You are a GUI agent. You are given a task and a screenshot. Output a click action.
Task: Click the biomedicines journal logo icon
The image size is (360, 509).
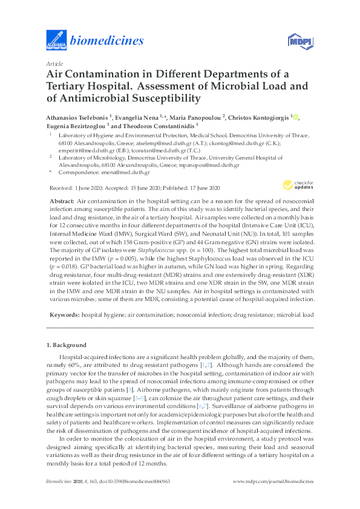56,41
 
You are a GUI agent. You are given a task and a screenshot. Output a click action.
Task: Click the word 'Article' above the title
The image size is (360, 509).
54,63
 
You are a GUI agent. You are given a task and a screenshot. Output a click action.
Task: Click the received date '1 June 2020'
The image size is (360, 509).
89,188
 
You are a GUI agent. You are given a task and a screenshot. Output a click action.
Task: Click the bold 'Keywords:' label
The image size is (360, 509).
63,316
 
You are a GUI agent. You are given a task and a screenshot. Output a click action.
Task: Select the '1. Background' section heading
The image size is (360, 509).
67,345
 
